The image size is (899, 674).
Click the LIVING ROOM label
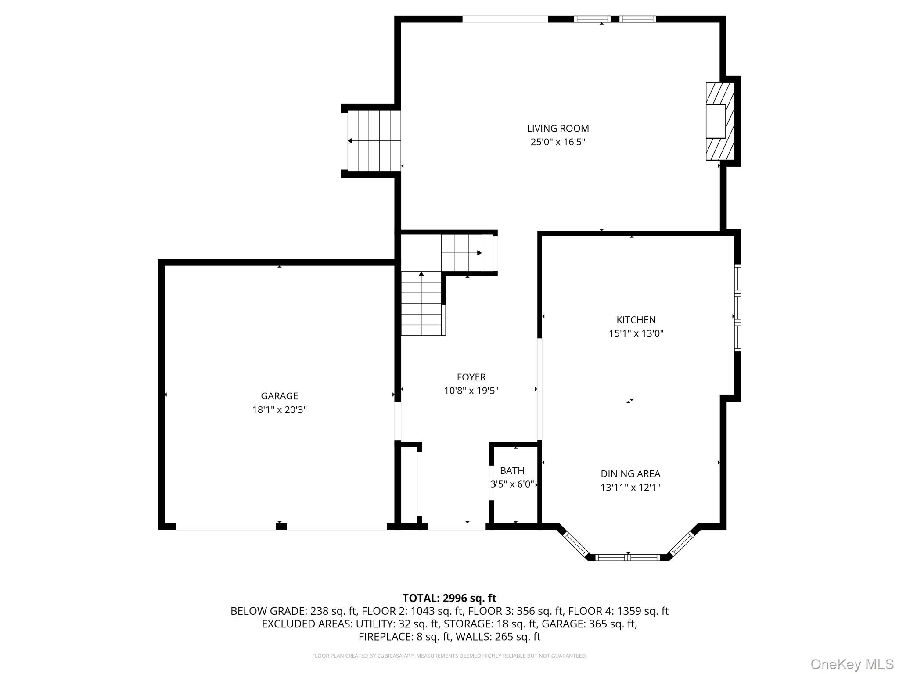[557, 129]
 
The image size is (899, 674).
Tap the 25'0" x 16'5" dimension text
[557, 142]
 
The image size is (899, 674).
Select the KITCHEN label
[636, 320]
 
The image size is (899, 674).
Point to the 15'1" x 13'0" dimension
[636, 333]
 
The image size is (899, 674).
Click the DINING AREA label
[630, 473]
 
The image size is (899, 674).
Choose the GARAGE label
[279, 396]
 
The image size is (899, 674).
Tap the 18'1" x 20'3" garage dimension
[279, 410]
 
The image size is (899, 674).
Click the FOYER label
[471, 377]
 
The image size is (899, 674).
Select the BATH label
[512, 470]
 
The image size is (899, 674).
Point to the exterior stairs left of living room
[374, 141]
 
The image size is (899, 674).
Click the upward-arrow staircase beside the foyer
[421, 303]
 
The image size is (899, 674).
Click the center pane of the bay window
[628, 557]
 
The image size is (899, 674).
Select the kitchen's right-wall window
[737, 308]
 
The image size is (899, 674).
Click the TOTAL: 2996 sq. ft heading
[449, 598]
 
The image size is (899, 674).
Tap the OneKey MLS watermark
[852, 664]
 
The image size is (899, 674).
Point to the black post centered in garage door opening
[281, 526]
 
